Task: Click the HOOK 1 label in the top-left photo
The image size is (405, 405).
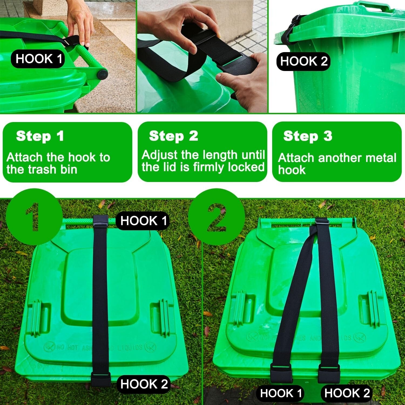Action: pyautogui.click(x=38, y=59)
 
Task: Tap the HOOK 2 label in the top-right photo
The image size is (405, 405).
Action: pyautogui.click(x=303, y=61)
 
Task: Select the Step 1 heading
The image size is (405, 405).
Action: pyautogui.click(x=40, y=136)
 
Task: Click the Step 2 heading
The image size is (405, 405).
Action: pyautogui.click(x=174, y=136)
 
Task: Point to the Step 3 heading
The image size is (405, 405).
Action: pyautogui.click(x=308, y=136)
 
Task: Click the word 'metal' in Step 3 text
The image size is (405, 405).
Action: pyautogui.click(x=381, y=158)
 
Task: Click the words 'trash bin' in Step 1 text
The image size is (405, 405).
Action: pyautogui.click(x=60, y=170)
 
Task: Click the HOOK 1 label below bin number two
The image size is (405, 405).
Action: pyautogui.click(x=281, y=393)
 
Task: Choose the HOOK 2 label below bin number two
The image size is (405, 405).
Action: pyautogui.click(x=347, y=393)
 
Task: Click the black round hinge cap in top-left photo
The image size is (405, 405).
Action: pyautogui.click(x=102, y=74)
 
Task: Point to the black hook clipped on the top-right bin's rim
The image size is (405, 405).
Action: pyautogui.click(x=289, y=32)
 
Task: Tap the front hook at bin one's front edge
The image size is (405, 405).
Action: pyautogui.click(x=101, y=379)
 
